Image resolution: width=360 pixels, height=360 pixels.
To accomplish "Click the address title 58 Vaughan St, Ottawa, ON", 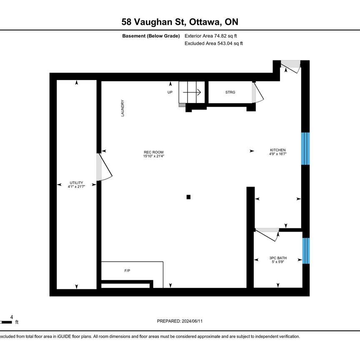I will (180, 22).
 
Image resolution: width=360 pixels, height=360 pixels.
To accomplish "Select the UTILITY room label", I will (76, 185).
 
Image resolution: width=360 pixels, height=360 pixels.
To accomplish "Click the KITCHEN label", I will (277, 152).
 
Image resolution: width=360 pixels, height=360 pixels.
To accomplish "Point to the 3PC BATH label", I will (278, 260).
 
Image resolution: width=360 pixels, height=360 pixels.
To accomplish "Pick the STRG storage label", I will (230, 92).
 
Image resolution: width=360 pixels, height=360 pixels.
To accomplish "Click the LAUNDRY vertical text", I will (123, 108).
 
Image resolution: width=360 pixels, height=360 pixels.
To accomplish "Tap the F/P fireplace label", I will (127, 271).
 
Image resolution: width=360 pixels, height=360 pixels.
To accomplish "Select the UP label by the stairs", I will (170, 92).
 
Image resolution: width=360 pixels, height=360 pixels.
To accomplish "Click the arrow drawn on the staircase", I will (192, 92).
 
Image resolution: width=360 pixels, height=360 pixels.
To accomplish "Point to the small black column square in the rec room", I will (189, 197).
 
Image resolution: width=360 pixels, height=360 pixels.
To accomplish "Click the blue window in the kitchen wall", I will (305, 149).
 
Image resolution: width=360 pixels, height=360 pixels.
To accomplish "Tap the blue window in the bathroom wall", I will (306, 251).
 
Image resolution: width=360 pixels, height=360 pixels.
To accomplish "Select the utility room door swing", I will (104, 168).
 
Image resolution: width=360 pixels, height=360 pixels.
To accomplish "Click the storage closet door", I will (257, 93).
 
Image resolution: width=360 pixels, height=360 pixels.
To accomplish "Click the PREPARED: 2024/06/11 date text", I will (180, 321).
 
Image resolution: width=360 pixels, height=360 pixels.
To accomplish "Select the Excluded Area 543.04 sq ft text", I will (213, 43).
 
